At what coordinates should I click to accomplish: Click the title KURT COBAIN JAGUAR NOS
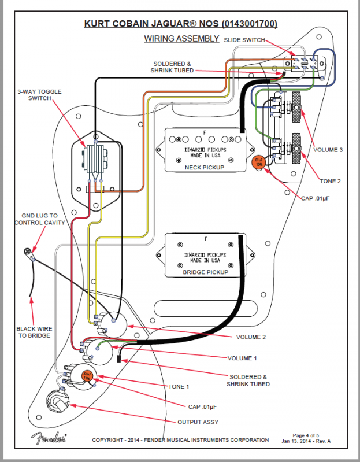[181, 24]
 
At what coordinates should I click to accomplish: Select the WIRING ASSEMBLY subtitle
[181, 39]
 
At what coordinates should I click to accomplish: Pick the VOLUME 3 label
[328, 150]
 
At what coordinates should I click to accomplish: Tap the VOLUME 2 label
[251, 337]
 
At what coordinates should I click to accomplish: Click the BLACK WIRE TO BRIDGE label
[33, 331]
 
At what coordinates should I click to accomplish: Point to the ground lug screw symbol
[27, 252]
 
